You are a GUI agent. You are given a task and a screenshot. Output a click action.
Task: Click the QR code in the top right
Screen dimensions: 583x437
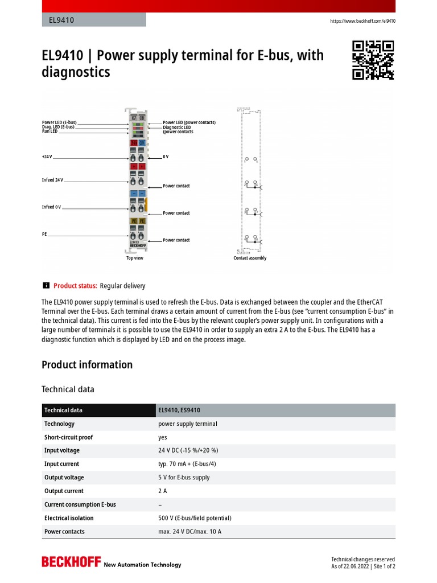pyautogui.click(x=373, y=60)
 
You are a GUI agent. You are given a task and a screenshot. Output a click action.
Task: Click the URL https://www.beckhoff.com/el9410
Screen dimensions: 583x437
pyautogui.click(x=363, y=21)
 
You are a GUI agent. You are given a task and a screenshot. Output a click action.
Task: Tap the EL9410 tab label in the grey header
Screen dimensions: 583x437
pyautogui.click(x=58, y=20)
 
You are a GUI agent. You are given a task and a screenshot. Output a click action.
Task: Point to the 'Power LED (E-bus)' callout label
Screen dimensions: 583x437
pyautogui.click(x=59, y=122)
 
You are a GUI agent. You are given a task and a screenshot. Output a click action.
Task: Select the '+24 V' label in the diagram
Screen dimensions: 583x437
pyautogui.click(x=47, y=157)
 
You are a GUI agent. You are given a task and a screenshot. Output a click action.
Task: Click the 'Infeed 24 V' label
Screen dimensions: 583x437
pyautogui.click(x=52, y=180)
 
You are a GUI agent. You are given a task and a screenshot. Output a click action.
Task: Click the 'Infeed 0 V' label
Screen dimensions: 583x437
pyautogui.click(x=51, y=207)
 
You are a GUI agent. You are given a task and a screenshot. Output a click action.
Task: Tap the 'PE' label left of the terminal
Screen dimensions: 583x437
pyautogui.click(x=44, y=234)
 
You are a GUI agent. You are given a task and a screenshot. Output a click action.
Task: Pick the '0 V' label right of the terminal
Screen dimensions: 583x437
pyautogui.click(x=166, y=157)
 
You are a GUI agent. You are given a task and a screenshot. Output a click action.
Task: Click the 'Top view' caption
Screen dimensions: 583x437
pyautogui.click(x=135, y=258)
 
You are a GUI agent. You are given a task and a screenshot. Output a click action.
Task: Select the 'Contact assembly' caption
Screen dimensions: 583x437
pyautogui.click(x=250, y=258)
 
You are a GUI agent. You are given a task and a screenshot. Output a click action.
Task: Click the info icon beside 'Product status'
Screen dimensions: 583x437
pyautogui.click(x=46, y=286)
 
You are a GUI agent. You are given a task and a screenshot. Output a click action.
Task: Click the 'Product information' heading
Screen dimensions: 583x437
pyautogui.click(x=87, y=365)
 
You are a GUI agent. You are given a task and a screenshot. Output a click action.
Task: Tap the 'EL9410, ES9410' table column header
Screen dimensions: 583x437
pyautogui.click(x=179, y=410)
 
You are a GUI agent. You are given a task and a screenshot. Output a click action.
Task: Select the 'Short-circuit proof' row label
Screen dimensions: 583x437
pyautogui.click(x=68, y=437)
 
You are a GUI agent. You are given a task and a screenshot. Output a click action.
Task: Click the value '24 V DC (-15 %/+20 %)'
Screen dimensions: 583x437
pyautogui.click(x=188, y=450)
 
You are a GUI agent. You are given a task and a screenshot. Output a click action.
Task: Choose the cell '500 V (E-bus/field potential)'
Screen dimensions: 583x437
pyautogui.click(x=195, y=518)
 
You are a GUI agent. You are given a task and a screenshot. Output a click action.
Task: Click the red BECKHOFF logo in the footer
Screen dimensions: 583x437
pyautogui.click(x=71, y=563)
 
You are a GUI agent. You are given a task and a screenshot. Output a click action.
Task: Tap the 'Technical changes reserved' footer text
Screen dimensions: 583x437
pyautogui.click(x=362, y=559)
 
